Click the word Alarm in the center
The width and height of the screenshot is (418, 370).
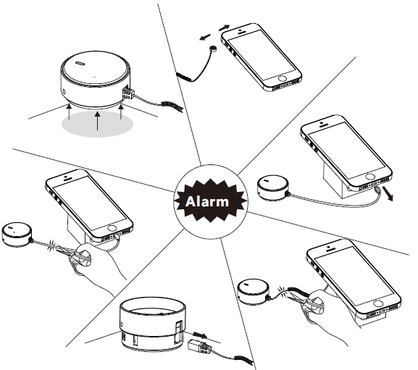click(207, 201)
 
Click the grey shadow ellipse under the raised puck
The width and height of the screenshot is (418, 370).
click(98, 124)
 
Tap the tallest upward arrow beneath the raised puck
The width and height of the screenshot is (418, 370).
click(98, 121)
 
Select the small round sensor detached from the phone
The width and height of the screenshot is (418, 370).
click(213, 49)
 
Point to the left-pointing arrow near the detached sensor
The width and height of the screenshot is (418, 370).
click(205, 38)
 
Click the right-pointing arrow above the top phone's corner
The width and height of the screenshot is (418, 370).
click(224, 28)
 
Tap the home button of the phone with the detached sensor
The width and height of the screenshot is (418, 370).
click(282, 78)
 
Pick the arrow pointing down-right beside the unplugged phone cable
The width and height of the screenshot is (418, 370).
click(388, 193)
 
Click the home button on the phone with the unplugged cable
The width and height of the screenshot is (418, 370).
click(370, 177)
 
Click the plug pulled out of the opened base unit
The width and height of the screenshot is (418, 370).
click(199, 346)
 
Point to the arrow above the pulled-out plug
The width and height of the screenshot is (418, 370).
click(200, 335)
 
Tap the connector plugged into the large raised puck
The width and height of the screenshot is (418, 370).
click(128, 93)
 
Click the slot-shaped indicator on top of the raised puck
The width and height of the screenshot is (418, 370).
click(80, 64)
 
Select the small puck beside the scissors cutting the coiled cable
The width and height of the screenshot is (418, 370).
click(253, 292)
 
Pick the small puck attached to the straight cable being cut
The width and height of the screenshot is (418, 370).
click(17, 235)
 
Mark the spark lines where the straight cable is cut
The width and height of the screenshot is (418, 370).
click(51, 246)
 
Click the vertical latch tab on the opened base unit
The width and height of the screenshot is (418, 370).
click(179, 331)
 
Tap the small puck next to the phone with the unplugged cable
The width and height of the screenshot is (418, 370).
click(273, 188)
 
